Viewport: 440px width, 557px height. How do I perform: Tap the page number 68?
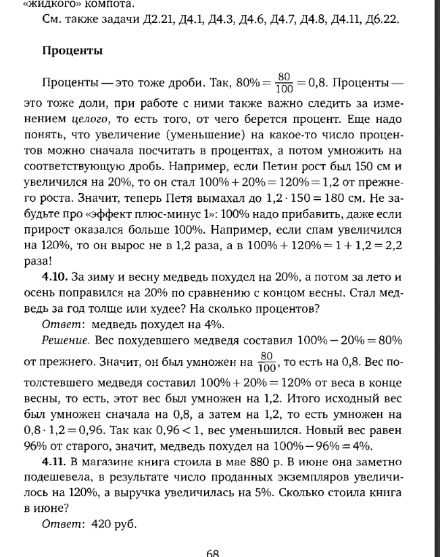point(212,552)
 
